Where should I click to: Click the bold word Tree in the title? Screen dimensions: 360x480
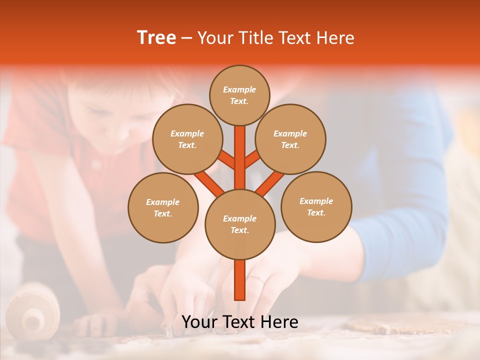pos(156,38)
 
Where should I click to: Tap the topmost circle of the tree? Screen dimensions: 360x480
pos(239,95)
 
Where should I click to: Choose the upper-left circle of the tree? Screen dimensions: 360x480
pos(187,139)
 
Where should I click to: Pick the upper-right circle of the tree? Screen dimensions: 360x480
pos(290,139)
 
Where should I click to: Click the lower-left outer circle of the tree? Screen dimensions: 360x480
pos(163,207)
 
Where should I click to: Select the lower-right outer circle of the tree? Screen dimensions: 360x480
pos(316,206)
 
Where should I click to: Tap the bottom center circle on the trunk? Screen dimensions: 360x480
pos(240,224)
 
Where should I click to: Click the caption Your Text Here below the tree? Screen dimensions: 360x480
pos(240,322)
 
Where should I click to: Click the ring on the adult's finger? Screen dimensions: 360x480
pos(255,277)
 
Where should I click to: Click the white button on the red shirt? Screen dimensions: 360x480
pos(95,164)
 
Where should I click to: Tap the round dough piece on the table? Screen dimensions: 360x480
pos(380,325)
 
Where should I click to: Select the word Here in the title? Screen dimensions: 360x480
pos(336,38)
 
